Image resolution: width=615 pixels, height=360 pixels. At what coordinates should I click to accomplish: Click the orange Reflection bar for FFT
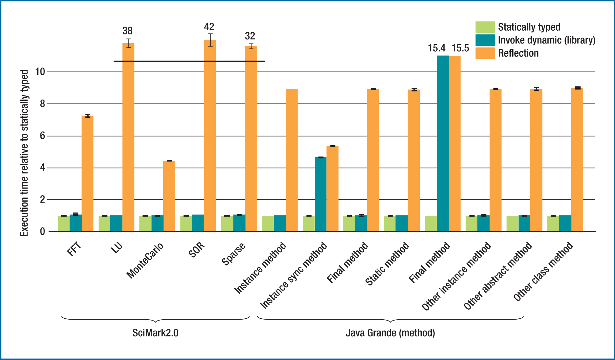[87, 174]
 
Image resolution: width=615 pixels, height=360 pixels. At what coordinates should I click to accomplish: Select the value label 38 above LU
[128, 31]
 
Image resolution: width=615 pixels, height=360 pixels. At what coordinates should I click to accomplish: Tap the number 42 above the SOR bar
[209, 27]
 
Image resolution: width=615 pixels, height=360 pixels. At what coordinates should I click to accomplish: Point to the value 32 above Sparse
[250, 36]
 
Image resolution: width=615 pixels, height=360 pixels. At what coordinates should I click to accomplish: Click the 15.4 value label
[436, 48]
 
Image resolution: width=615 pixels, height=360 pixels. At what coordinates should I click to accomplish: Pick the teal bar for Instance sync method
[321, 194]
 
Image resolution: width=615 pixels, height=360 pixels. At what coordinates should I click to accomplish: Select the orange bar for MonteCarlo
[169, 196]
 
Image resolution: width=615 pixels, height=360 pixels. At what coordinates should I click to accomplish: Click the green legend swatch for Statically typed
[485, 27]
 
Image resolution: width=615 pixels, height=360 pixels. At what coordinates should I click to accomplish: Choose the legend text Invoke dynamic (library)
[546, 40]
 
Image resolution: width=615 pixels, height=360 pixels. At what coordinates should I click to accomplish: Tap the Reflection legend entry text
[518, 53]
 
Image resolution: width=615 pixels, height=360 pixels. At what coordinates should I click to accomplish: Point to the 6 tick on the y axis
[42, 136]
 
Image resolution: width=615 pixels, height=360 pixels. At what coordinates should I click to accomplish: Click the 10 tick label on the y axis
[40, 72]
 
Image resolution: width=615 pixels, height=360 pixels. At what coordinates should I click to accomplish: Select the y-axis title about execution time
[24, 153]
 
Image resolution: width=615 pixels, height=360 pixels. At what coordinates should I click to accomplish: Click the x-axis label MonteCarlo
[145, 260]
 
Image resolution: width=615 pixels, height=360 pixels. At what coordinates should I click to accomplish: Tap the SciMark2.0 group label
[155, 332]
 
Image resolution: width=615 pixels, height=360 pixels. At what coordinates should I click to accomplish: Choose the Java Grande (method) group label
[390, 332]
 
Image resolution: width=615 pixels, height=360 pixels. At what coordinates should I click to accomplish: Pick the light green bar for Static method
[390, 224]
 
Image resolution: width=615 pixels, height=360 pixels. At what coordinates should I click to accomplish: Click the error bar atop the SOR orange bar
[210, 40]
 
